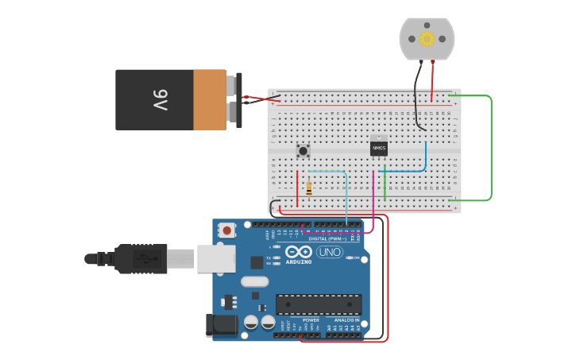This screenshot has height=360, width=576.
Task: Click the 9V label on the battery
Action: pos(160,100)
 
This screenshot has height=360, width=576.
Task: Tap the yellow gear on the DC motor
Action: pos(427,38)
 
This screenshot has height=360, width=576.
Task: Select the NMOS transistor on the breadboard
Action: pos(379,148)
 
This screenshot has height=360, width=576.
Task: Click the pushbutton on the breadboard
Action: pos(303,149)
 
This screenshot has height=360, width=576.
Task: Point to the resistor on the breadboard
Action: pos(308,188)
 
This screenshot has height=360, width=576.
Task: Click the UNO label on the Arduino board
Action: pos(329,252)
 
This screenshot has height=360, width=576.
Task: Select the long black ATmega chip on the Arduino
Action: pos(319,304)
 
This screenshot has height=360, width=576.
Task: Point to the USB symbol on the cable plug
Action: pos(144,258)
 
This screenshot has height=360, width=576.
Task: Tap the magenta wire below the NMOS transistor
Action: pos(373,199)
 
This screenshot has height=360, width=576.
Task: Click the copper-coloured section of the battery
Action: pos(210,100)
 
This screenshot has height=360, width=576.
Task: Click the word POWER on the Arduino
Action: pos(311,319)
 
